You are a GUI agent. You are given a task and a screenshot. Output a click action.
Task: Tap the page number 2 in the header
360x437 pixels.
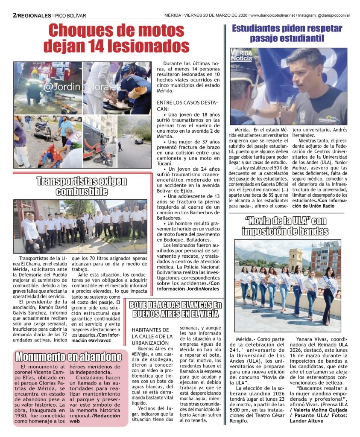tap(15, 15)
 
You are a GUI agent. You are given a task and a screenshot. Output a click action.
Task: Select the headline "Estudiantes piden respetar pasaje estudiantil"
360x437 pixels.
tap(287, 33)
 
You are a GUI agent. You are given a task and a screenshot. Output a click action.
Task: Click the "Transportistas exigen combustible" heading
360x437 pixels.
tap(81, 186)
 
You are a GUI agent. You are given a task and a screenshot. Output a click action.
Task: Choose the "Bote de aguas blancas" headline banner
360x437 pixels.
tap(176, 309)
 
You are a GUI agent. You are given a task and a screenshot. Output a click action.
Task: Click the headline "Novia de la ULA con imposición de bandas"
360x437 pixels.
tap(285, 226)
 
